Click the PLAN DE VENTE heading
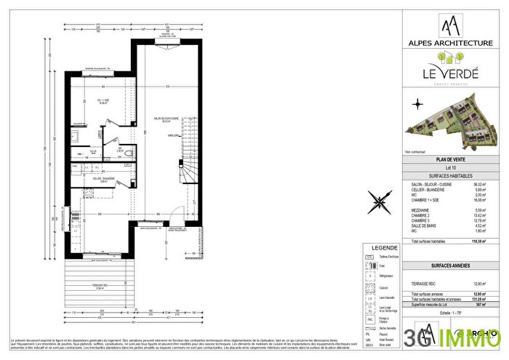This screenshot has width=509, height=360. click(x=449, y=160)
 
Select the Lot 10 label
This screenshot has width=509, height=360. click(x=449, y=168)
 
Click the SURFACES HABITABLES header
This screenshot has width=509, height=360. click(x=449, y=176)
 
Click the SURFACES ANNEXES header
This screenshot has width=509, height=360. click(x=449, y=267)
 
